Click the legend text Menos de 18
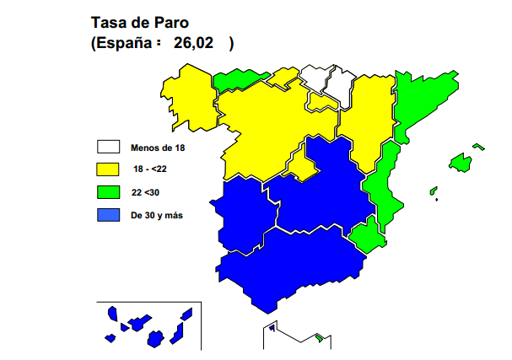(x=158, y=148)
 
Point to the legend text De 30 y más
(x=157, y=216)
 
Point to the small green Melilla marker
(x=320, y=338)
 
